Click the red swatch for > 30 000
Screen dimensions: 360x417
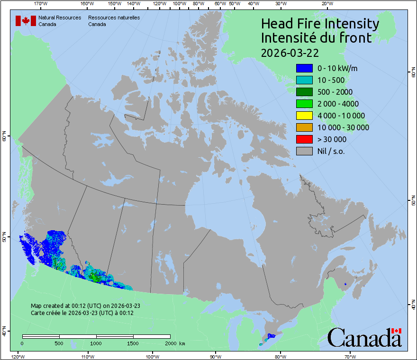304,139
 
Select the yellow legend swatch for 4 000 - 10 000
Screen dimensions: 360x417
304,116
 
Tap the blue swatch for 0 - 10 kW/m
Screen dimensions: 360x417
304,68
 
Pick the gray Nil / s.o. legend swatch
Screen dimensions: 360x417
304,151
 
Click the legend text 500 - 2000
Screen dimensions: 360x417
335,92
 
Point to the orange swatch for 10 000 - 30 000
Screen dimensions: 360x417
304,127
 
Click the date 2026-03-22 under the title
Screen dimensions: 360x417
290,52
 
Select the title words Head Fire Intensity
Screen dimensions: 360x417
320,24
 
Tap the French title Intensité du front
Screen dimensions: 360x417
316,38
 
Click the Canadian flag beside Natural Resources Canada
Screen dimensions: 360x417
26,21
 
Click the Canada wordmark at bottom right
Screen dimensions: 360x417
364,338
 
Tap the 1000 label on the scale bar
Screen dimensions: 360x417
96,343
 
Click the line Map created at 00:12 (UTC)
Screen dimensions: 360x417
85,306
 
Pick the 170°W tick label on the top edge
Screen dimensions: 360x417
41,4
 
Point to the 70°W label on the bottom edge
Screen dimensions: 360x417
350,356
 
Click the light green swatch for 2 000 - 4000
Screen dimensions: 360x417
304,104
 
